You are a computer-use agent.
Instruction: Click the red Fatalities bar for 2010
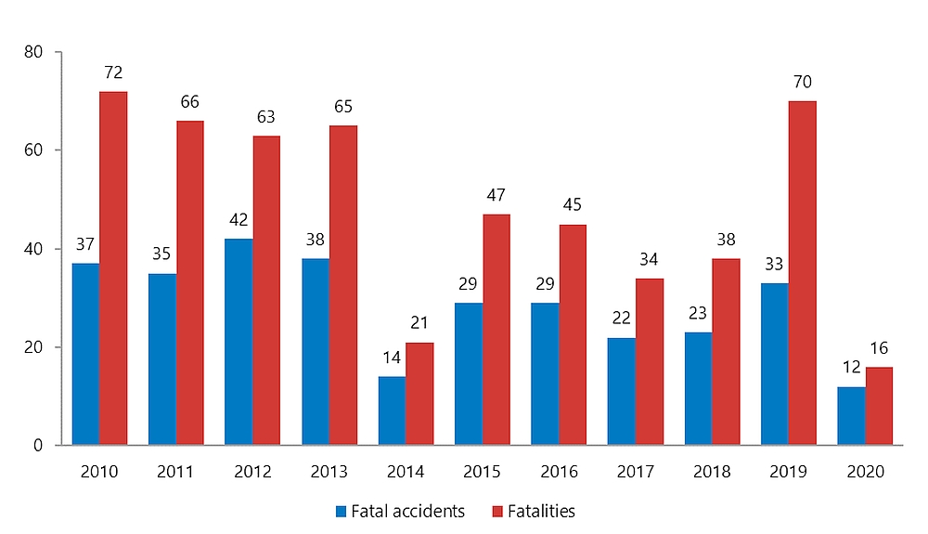pyautogui.click(x=113, y=268)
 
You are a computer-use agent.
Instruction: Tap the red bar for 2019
pyautogui.click(x=802, y=273)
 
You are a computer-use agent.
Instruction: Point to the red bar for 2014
pyautogui.click(x=419, y=394)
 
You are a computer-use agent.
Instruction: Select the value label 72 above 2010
pyautogui.click(x=114, y=72)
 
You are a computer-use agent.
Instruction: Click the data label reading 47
pyautogui.click(x=496, y=195)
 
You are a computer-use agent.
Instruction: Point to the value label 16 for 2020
pyautogui.click(x=879, y=348)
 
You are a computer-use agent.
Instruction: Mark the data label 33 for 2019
pyautogui.click(x=774, y=265)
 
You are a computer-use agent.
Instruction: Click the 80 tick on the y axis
pyautogui.click(x=34, y=52)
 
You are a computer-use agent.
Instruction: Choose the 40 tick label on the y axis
pyautogui.click(x=34, y=249)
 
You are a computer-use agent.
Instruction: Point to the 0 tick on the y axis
pyautogui.click(x=39, y=446)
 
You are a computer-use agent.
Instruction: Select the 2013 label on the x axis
pyautogui.click(x=329, y=472)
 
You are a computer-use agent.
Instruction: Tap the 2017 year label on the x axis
pyautogui.click(x=636, y=472)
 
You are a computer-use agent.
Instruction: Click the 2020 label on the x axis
pyautogui.click(x=865, y=472)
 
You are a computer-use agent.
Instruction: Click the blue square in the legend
pyautogui.click(x=342, y=511)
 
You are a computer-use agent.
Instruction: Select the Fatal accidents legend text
pyautogui.click(x=407, y=511)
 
